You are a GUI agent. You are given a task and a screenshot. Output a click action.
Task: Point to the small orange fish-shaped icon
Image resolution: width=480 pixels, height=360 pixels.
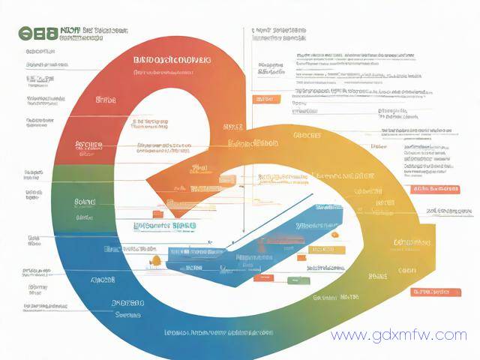coord(156,260)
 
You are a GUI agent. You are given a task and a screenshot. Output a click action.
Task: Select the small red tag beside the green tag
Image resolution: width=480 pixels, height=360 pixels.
coord(262,278)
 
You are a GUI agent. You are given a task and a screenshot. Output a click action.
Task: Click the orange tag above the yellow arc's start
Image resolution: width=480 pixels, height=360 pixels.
coord(264,98)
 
